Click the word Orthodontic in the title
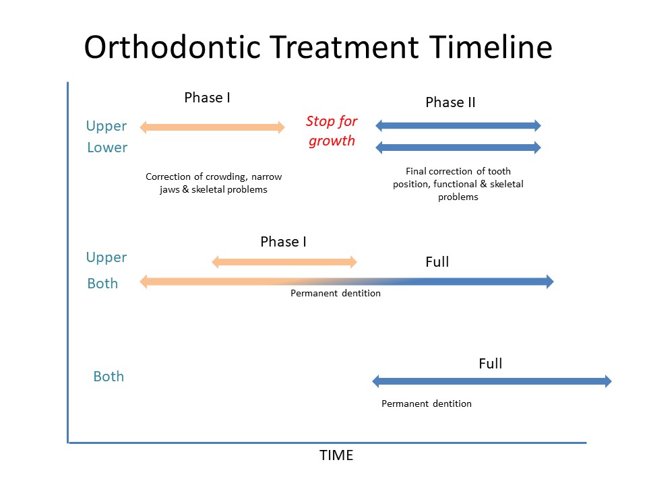[173, 46]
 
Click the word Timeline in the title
[491, 46]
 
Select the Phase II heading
[450, 102]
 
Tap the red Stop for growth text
[332, 131]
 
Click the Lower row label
[107, 148]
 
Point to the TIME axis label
[336, 455]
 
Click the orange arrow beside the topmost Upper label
[212, 127]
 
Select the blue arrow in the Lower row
[458, 148]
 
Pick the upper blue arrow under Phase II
[458, 125]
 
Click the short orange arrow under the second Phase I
[284, 262]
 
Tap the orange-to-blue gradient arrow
[346, 282]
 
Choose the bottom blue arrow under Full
[492, 381]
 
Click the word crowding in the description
[226, 176]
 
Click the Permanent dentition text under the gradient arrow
[336, 293]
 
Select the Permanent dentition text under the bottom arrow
[426, 403]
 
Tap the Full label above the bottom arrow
[490, 363]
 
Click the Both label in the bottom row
[109, 377]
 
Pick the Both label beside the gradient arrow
[102, 284]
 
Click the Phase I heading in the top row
[207, 98]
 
